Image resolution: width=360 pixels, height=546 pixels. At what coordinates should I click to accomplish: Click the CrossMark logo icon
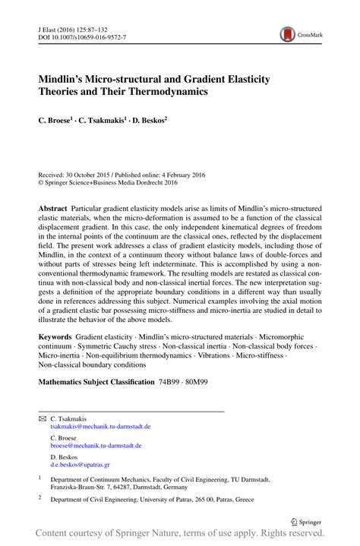point(289,33)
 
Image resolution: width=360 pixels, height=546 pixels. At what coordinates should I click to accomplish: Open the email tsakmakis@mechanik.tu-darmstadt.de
point(100,428)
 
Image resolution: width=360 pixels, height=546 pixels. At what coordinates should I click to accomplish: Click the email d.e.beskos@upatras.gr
point(80,465)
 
